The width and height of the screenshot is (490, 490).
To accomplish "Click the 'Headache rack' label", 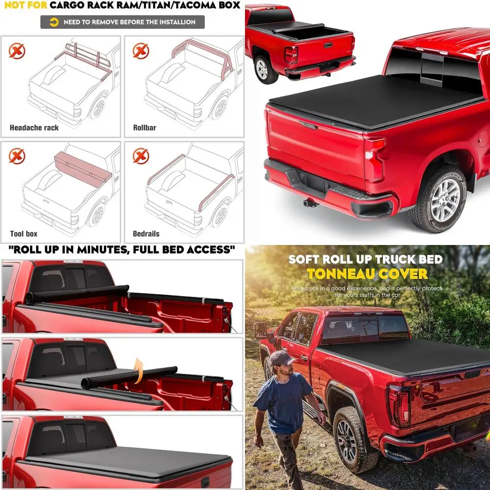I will pos(34,128).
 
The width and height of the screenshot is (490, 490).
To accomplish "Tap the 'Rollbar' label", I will pos(145,128).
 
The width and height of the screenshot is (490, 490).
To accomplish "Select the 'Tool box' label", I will pos(24,234).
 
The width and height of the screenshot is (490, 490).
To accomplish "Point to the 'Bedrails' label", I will pos(146,234).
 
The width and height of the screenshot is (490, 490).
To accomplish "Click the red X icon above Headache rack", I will pos(17,50).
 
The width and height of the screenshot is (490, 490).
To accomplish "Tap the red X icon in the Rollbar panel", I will pos(141,50).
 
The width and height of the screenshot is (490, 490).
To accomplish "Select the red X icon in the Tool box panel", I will pos(17,156).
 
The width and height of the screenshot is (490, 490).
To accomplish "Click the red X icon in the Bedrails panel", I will pos(141,156).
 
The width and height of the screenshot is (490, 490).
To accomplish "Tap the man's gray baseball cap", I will pos(281,357).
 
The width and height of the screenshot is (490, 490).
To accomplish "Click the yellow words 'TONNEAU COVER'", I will pos(367,274).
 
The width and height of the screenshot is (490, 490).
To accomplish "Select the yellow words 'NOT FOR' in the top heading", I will pos(24,5).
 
